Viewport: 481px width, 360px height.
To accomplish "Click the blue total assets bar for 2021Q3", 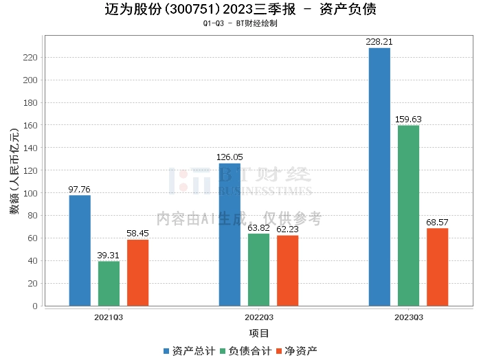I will click(x=80, y=251).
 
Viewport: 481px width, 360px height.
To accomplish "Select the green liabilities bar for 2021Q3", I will click(x=109, y=284).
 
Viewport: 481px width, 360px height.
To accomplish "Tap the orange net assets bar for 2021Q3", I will click(x=137, y=273).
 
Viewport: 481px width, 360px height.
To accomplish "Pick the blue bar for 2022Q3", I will click(x=230, y=234).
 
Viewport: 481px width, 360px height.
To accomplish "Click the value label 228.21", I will click(x=379, y=42).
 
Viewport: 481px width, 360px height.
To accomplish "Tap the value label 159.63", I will click(x=408, y=120).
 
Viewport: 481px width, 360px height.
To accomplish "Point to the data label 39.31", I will click(x=109, y=256).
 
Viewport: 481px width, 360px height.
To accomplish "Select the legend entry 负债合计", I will click(x=245, y=350).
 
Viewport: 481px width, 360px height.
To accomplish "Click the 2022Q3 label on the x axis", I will click(x=258, y=317).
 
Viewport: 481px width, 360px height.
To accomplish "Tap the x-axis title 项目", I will click(x=258, y=333).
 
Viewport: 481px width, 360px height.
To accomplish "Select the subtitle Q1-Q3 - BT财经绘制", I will click(x=240, y=23).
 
